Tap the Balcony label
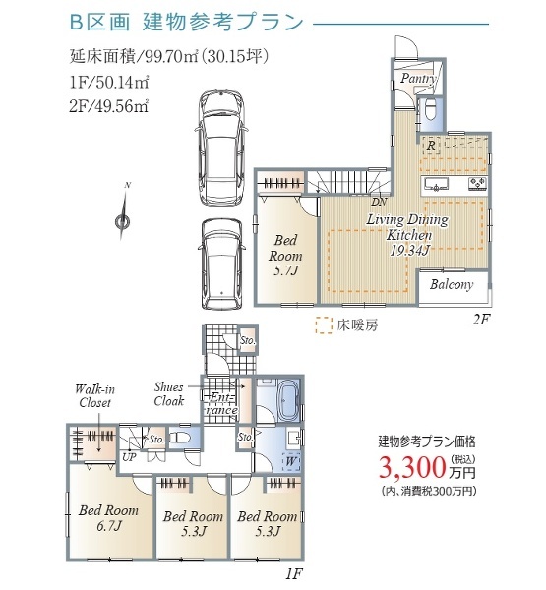(452, 285)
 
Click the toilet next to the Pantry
(429, 110)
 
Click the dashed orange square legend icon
(321, 322)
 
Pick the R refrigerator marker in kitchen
(431, 145)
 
